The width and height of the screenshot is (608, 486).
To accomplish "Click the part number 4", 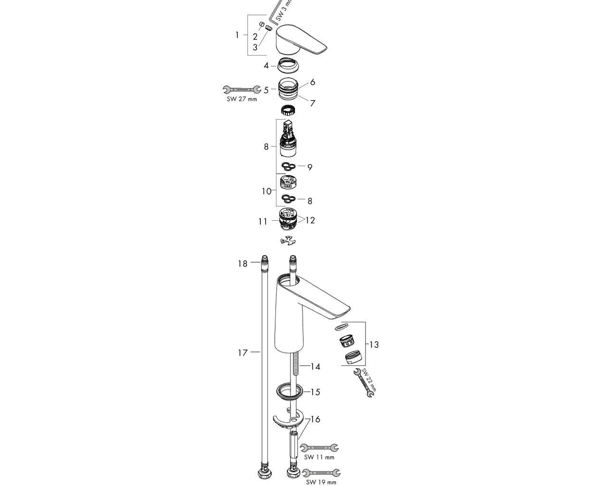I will [x=266, y=66].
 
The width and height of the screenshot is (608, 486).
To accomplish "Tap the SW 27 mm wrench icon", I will [x=241, y=90].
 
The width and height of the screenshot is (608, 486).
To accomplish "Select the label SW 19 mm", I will [x=321, y=482].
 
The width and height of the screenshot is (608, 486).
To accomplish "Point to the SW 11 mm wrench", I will [x=319, y=447].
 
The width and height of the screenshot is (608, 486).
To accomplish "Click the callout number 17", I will [x=242, y=352].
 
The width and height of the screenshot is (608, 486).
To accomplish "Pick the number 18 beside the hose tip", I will [x=242, y=263].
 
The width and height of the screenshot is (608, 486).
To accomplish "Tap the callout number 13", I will [x=374, y=344].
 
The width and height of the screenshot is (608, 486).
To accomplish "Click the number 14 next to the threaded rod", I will [x=315, y=367].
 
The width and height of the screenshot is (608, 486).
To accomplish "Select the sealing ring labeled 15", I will [x=288, y=391].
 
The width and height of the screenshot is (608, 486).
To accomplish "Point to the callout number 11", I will [x=263, y=221].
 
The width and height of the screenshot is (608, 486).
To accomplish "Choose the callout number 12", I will [x=311, y=220].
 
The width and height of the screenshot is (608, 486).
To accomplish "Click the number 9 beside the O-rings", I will [x=310, y=167].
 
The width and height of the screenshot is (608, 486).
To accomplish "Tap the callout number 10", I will [x=266, y=191].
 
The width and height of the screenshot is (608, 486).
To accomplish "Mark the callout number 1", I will [x=237, y=35].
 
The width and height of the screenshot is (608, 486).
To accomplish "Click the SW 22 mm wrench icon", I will [x=364, y=383].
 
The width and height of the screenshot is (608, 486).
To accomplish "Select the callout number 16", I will [x=315, y=419].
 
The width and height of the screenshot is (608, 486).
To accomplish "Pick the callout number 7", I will [x=313, y=103].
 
